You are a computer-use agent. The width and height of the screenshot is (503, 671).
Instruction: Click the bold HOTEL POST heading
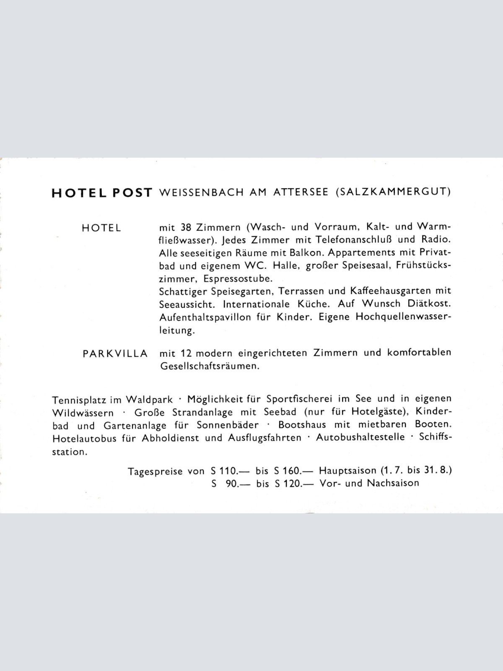coord(101,192)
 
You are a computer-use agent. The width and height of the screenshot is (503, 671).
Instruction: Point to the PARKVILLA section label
coord(115,354)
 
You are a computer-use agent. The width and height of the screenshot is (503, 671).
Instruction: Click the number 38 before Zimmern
coord(186,227)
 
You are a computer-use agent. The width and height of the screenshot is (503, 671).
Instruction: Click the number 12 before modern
coord(186,353)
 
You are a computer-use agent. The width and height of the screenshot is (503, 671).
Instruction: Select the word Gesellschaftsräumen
coord(210,366)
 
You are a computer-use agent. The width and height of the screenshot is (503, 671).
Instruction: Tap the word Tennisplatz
coord(79,399)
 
